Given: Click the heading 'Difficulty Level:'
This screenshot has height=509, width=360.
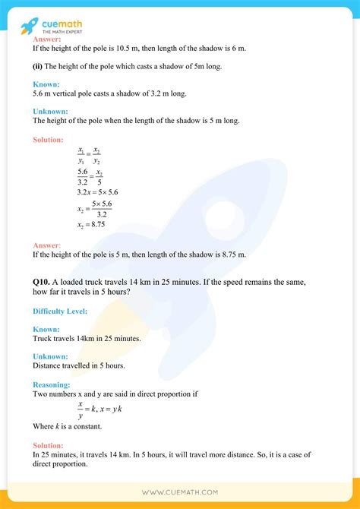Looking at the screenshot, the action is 60,311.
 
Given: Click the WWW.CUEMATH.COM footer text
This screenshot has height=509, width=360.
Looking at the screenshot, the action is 180,493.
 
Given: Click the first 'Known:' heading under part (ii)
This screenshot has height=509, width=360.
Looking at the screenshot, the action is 46,84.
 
